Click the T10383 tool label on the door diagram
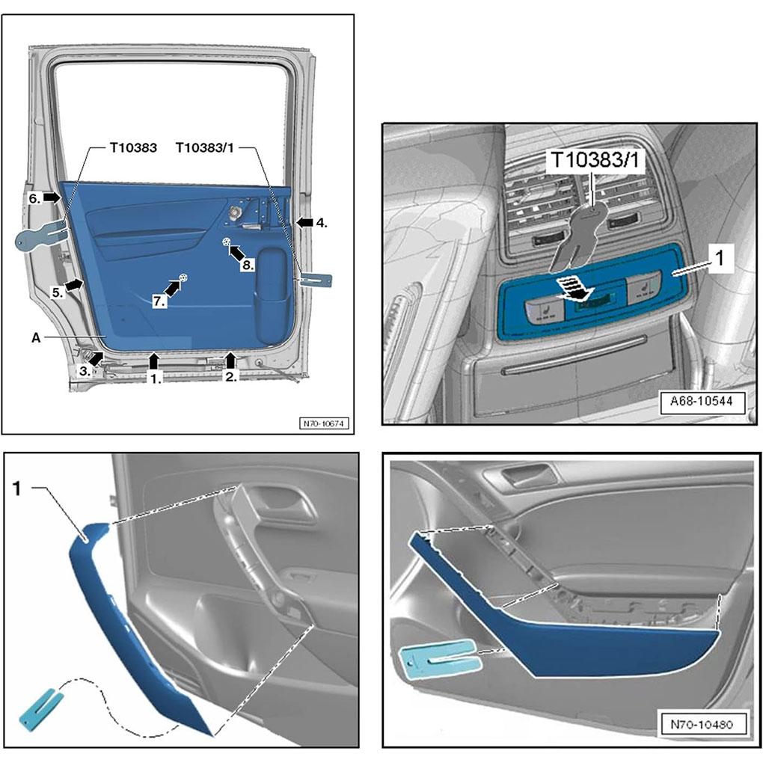coord(133,148)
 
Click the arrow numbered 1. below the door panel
coord(154,361)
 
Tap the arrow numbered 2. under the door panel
coord(231,361)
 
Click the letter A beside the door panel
coord(35,337)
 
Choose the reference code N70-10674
coord(325,423)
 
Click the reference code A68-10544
coord(702,401)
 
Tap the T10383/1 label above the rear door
coord(206,148)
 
